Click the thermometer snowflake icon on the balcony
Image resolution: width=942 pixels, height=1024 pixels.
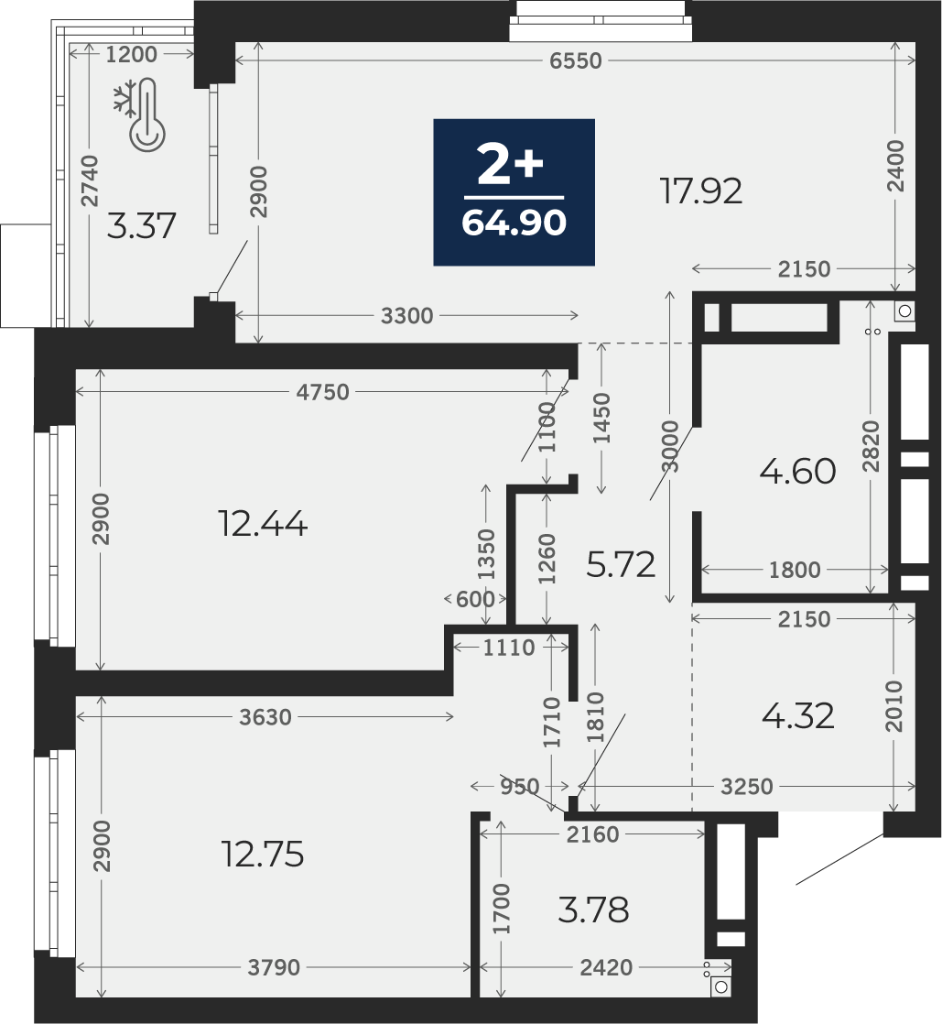(140, 115)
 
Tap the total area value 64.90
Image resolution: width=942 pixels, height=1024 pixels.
(514, 223)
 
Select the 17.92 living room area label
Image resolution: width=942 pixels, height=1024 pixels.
(701, 191)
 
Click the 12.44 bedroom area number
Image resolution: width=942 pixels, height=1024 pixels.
(263, 524)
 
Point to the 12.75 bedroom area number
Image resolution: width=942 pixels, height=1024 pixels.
(263, 855)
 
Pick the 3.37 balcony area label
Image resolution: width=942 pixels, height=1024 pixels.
(141, 226)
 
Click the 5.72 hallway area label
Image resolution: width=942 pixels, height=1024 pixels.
(620, 565)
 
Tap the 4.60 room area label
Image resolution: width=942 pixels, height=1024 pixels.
(797, 471)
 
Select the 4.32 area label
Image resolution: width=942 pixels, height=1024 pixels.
(797, 716)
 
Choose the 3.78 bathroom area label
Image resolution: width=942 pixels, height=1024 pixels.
(593, 910)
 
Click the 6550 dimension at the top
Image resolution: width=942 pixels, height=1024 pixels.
(575, 60)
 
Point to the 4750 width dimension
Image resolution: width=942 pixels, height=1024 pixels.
(322, 392)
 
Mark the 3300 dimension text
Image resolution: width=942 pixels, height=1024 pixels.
(406, 316)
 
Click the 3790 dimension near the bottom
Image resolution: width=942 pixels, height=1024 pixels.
(274, 967)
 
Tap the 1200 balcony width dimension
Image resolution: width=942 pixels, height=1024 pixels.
(131, 54)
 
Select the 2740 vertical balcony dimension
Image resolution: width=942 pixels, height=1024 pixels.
(90, 181)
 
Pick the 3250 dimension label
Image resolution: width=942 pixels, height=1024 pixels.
(747, 786)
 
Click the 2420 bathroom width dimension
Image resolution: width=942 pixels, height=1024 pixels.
(606, 967)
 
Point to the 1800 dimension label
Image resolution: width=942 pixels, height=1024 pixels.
(795, 570)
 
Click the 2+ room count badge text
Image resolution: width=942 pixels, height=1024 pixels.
(511, 165)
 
